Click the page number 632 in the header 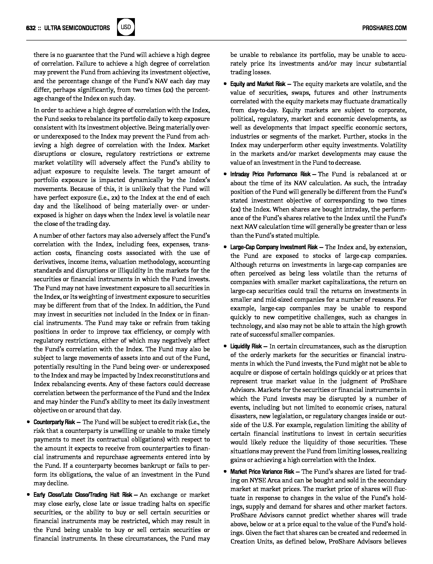pyautogui.click(x=31, y=28)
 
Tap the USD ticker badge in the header pyautogui.click(x=126, y=27)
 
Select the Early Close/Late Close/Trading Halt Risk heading pyautogui.click(x=83, y=495)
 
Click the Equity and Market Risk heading pyautogui.click(x=258, y=84)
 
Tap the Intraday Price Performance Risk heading pyautogui.click(x=270, y=174)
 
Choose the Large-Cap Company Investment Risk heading pyautogui.click(x=274, y=247)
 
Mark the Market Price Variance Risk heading pyautogui.click(x=262, y=472)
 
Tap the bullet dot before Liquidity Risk pyautogui.click(x=225, y=346)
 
